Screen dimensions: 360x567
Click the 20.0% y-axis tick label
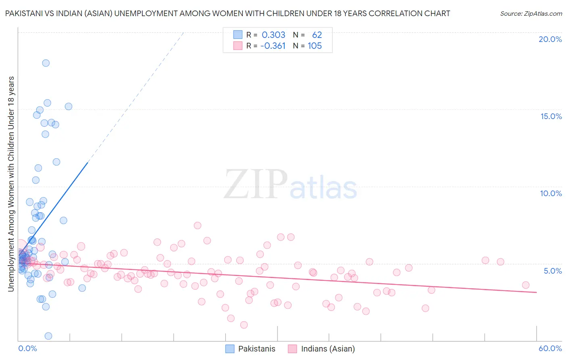click(550, 39)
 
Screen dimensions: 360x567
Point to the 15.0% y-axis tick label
click(551, 116)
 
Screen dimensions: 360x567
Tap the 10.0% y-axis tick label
click(551, 193)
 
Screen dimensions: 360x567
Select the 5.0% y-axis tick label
click(552, 271)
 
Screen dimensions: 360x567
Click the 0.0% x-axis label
click(27, 348)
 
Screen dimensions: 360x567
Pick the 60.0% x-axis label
click(550, 348)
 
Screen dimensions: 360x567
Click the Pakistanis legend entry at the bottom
click(250, 349)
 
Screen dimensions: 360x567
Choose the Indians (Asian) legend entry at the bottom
click(321, 349)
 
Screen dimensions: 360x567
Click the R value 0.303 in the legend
click(273, 35)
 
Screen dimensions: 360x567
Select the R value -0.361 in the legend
click(273, 46)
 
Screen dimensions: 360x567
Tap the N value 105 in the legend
click(315, 46)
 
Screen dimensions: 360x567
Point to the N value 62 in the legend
click(317, 35)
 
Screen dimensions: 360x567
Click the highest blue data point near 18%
click(46, 63)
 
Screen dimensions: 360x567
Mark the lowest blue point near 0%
click(48, 336)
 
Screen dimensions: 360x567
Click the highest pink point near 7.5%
click(198, 226)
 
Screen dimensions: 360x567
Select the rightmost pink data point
click(525, 285)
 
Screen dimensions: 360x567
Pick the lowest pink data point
click(244, 325)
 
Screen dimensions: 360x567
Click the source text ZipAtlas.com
click(531, 13)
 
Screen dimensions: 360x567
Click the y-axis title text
click(11, 184)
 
